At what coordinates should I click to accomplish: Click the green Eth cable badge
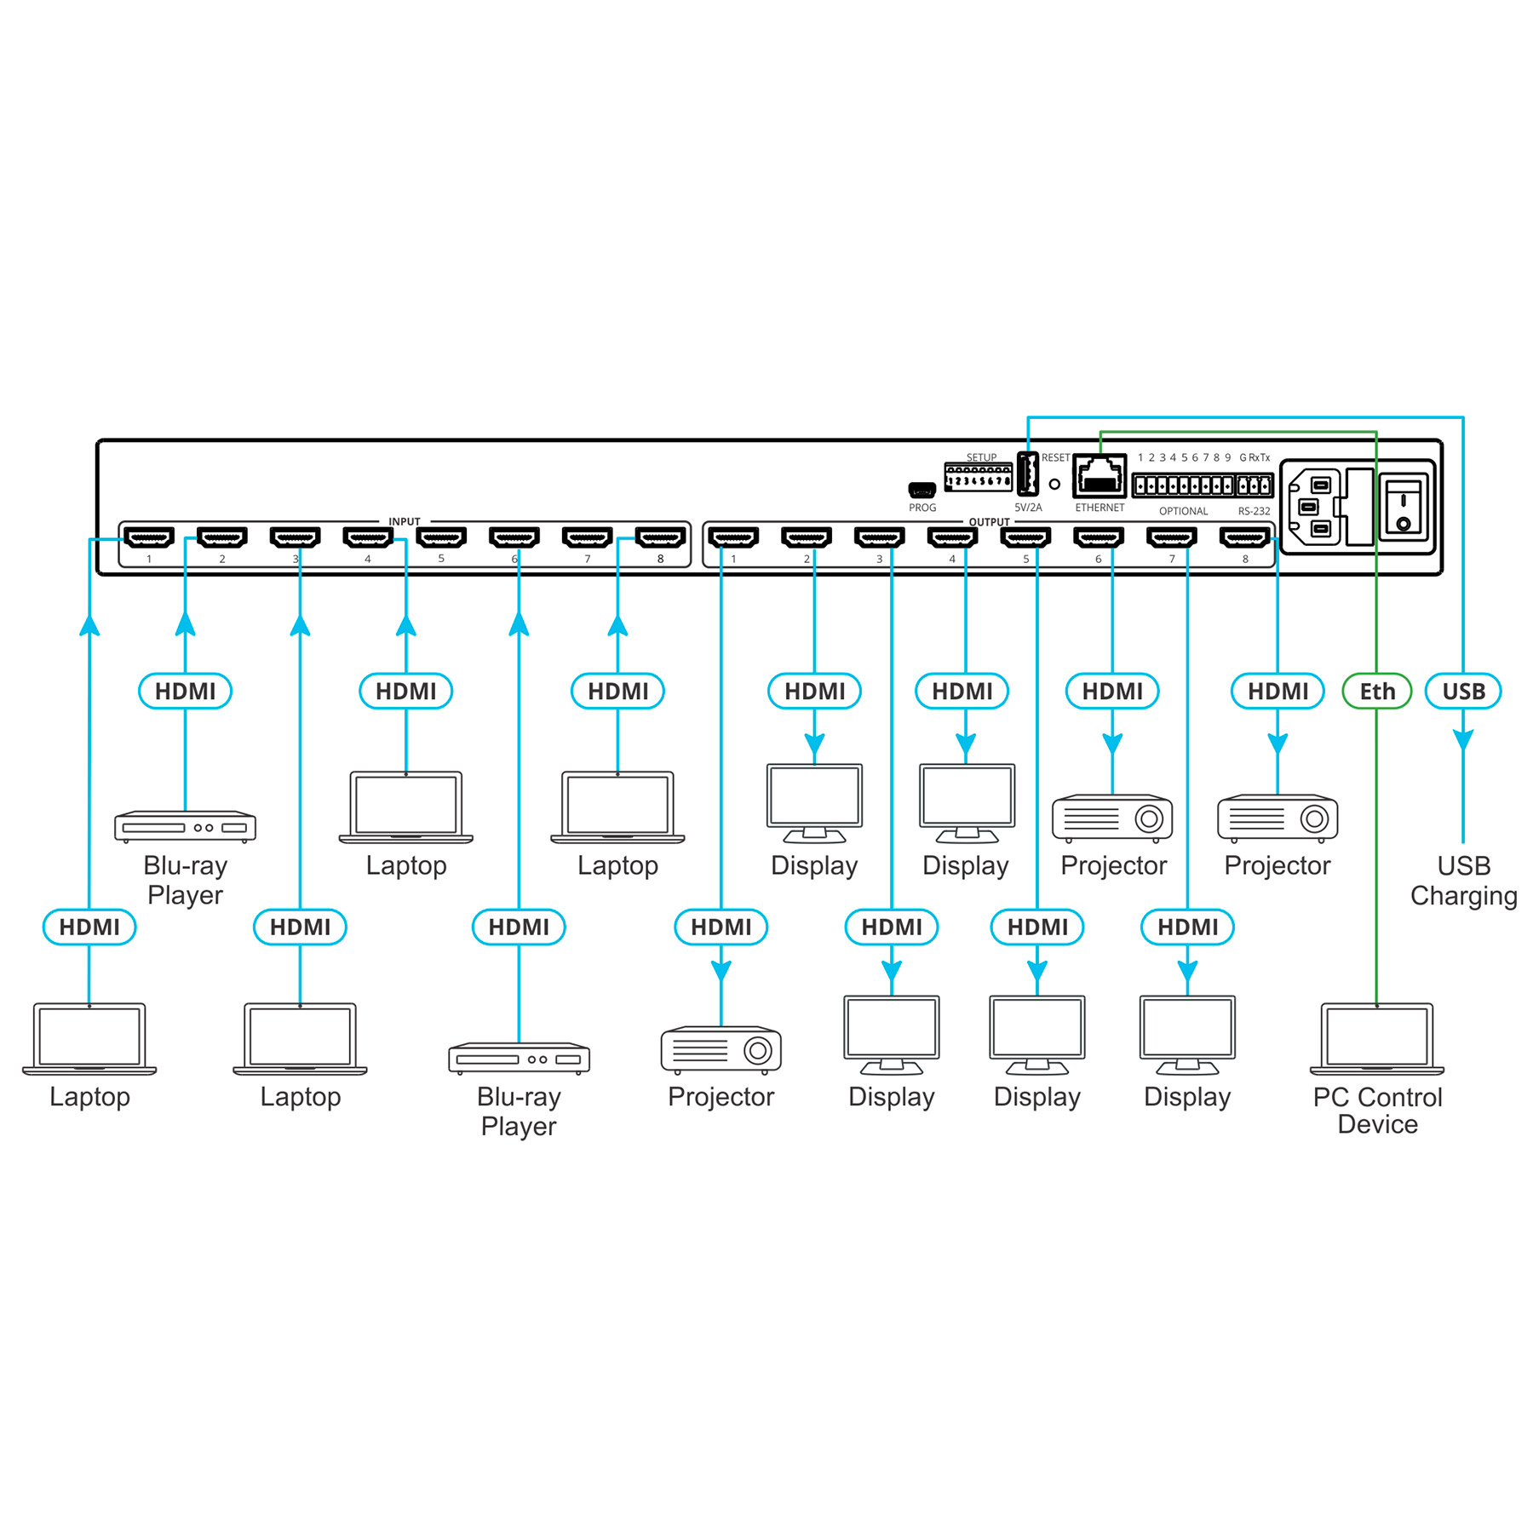(1376, 692)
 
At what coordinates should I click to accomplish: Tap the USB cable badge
(1463, 692)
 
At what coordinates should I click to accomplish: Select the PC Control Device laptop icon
(1377, 1038)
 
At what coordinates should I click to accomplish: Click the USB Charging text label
(1463, 881)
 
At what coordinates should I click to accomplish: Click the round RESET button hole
(1054, 484)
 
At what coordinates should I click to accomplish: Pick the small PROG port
(922, 490)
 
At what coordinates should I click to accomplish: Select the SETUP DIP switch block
(979, 477)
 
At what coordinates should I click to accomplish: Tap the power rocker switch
(1403, 508)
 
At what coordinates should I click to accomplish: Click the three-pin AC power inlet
(1314, 508)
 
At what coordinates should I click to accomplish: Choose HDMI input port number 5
(441, 537)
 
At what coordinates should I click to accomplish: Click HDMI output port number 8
(1244, 537)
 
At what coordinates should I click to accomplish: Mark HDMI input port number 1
(149, 537)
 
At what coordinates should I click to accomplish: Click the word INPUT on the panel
(405, 521)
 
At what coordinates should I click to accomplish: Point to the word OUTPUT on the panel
(989, 521)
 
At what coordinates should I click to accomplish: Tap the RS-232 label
(1254, 511)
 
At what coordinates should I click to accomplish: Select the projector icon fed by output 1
(721, 1049)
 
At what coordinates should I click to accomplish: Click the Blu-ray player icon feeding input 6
(519, 1058)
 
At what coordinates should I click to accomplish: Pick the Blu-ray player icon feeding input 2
(185, 826)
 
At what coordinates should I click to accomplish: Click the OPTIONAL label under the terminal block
(1183, 511)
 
